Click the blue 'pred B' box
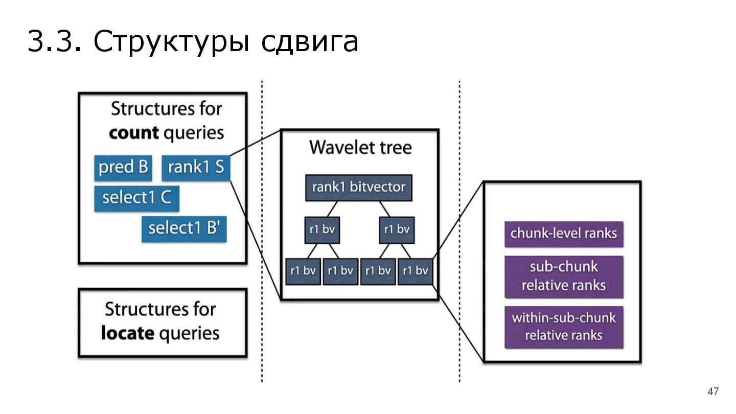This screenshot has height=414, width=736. tap(123, 167)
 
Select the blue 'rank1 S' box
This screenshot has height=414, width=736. tap(196, 167)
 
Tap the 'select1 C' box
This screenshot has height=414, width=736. tap(136, 198)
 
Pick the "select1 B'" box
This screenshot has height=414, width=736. tap(184, 228)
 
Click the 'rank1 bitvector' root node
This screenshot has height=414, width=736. tap(358, 188)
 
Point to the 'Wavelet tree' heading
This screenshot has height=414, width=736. tap(360, 148)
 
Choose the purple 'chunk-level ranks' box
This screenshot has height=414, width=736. tap(564, 234)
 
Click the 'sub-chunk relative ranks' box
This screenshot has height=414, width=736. tap(564, 276)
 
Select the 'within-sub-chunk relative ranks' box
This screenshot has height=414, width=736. tap(564, 327)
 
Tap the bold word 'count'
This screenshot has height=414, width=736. tap(134, 133)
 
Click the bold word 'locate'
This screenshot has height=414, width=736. tap(127, 333)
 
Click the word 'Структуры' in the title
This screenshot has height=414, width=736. tap(171, 42)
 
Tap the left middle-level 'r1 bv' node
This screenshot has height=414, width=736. tap(322, 230)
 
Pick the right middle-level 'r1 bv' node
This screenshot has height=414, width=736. tap(397, 230)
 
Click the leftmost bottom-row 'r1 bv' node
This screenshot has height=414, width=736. tap(303, 271)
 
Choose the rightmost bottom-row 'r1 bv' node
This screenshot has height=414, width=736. tap(415, 271)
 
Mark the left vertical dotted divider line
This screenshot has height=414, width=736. tap(262, 230)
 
